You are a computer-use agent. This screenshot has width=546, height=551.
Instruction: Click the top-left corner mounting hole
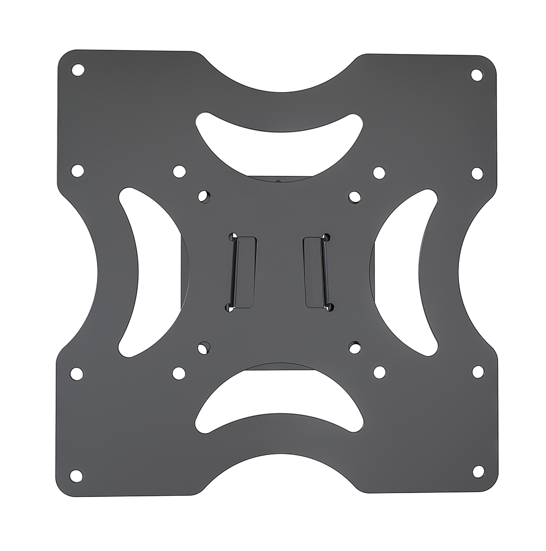click(x=78, y=69)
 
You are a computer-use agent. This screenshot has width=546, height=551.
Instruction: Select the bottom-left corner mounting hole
click(x=77, y=475)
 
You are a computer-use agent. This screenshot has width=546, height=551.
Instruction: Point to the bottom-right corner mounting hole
click(x=478, y=471)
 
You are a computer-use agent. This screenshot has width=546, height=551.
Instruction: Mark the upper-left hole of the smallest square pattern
click(x=204, y=196)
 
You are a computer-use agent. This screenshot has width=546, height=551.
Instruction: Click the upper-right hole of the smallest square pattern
click(x=354, y=196)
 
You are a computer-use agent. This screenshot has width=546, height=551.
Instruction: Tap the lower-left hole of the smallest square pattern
click(x=204, y=347)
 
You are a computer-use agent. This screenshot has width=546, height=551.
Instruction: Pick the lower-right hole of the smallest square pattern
click(x=354, y=347)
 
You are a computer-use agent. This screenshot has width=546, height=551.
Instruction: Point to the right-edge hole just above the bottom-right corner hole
click(x=478, y=372)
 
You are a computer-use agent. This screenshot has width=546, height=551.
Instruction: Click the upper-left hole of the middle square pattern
click(x=178, y=171)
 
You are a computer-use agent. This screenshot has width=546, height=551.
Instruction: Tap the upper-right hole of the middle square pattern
click(x=379, y=173)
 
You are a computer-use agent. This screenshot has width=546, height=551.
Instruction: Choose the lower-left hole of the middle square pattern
click(x=178, y=373)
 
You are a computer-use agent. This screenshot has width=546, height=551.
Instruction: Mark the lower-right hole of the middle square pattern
click(x=379, y=372)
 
